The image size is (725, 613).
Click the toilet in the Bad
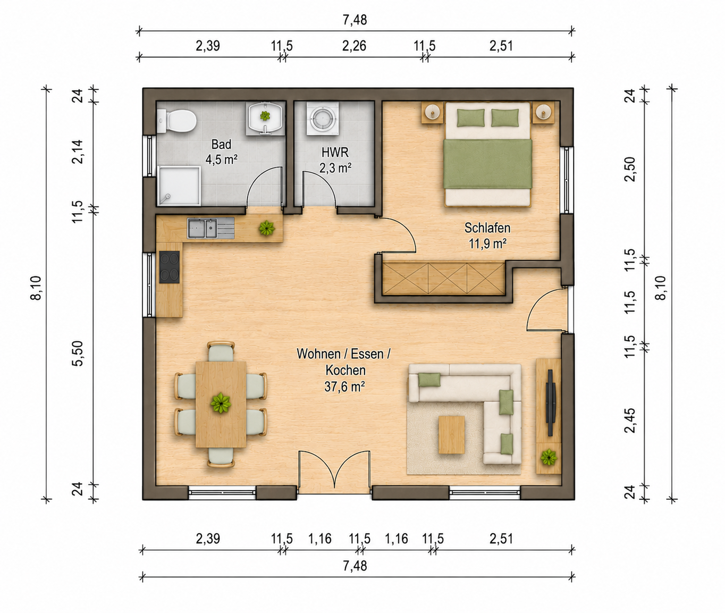point(176,121)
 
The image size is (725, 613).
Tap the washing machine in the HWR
point(323,119)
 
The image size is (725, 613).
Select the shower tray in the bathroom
point(179,186)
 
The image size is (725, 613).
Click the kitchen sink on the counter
point(210,229)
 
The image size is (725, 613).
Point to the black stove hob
point(170,267)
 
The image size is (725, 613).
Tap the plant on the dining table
point(221,403)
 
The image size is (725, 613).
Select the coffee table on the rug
point(451,435)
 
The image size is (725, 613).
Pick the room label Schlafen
point(487,228)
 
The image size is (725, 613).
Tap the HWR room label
point(335,153)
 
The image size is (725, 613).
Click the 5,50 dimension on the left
point(78,354)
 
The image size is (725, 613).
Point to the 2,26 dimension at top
point(354,46)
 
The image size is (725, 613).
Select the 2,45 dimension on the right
point(630,421)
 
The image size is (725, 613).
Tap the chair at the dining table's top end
point(221,351)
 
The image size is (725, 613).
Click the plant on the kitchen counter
point(267,229)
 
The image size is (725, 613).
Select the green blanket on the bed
point(487,164)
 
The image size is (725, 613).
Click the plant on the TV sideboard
point(549,458)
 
